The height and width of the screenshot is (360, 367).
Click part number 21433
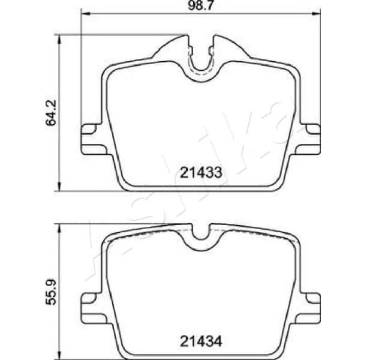pos(201,173)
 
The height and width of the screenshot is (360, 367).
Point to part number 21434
pos(201,342)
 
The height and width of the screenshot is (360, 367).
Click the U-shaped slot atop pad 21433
pos(202,57)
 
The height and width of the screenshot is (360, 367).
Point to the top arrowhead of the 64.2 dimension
pos(59,38)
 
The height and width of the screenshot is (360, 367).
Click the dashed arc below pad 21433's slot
pos(202,76)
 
